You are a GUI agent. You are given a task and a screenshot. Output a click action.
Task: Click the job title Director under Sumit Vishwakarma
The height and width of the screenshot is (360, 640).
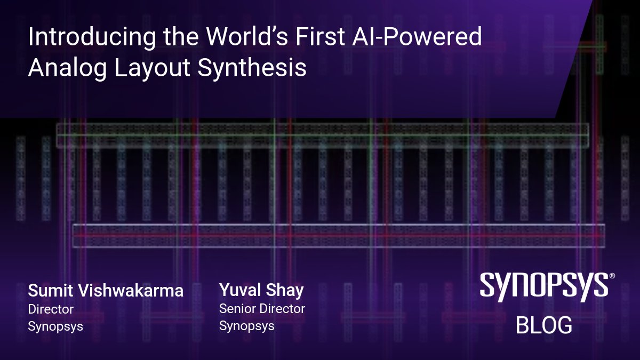(51, 309)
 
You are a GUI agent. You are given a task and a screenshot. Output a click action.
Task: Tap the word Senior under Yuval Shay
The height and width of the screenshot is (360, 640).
(237, 308)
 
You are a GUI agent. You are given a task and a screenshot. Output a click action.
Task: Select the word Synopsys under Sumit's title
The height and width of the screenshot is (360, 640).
(55, 326)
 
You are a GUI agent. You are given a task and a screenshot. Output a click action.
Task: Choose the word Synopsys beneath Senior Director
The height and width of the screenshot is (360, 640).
(247, 325)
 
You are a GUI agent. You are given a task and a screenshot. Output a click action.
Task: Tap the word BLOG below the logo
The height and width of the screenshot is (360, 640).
(543, 325)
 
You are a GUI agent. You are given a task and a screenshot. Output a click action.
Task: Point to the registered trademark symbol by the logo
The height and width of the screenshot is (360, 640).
(612, 276)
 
